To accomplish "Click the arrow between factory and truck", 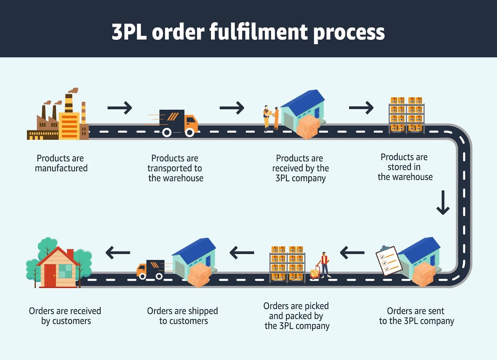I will tap(120, 108).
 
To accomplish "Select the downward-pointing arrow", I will tap(443, 202).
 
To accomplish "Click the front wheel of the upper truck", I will tap(189, 133).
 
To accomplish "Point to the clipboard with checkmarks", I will tap(388, 260).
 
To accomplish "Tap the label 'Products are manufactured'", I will tap(61, 163).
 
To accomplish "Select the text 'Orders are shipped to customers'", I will tap(183, 316).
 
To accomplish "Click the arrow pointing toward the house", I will tap(118, 252).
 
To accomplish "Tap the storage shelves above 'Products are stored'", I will tap(406, 115).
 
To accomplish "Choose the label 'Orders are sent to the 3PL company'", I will tap(416, 316).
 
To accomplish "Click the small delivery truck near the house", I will tap(151, 269).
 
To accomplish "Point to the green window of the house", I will tap(65, 271).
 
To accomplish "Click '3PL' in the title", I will tap(129, 32).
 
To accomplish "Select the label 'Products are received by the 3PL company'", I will tap(300, 168).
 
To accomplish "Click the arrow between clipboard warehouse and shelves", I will tap(352, 252).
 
